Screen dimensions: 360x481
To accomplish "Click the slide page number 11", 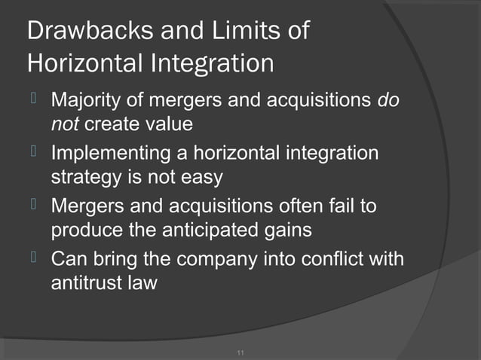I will pyautogui.click(x=240, y=352).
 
